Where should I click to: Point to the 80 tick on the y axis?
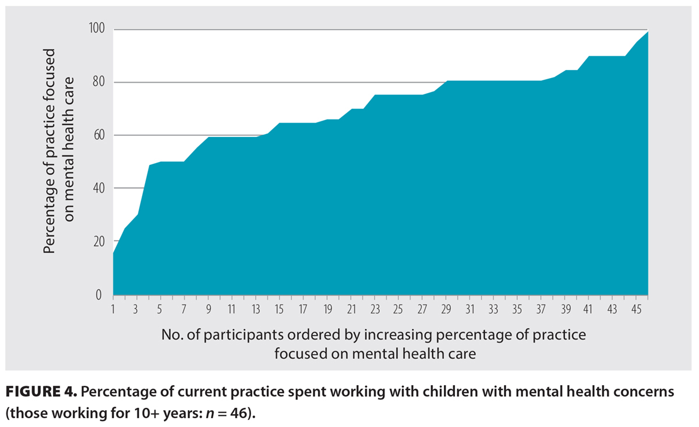point(98,82)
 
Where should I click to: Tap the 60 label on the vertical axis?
point(98,135)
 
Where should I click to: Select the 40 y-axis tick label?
point(98,188)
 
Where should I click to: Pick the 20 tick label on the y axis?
point(98,242)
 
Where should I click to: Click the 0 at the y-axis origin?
point(101,295)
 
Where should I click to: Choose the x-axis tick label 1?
point(113,308)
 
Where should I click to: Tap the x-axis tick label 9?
point(208,308)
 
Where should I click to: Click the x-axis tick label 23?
point(375,308)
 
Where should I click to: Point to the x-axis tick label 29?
point(446,308)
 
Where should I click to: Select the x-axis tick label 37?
point(541,308)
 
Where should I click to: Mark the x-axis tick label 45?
point(636,308)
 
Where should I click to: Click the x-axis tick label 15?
point(280,308)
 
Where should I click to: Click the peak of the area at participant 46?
point(647,32)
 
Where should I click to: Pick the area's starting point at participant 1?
point(114,253)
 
